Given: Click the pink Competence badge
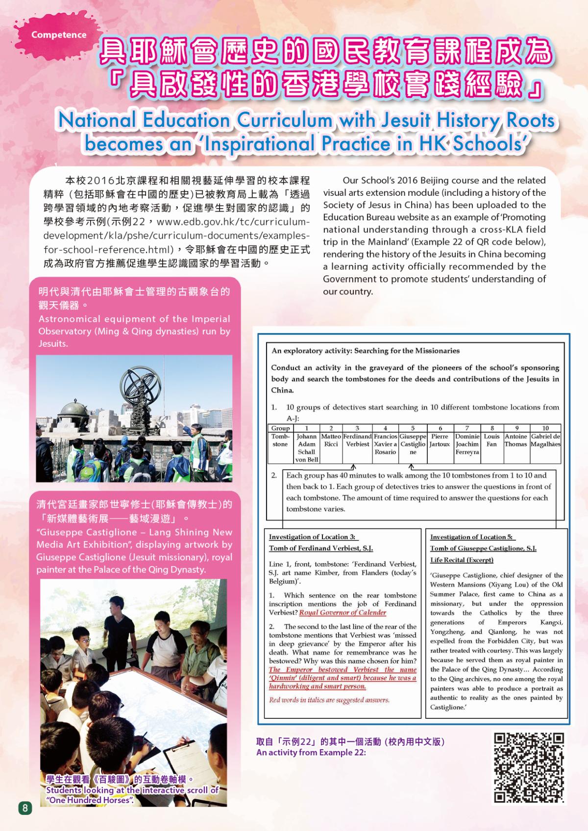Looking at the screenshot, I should pyautogui.click(x=58, y=35).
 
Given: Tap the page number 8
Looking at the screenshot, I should pyautogui.click(x=25, y=807).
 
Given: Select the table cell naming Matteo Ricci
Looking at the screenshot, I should pyautogui.click(x=331, y=440).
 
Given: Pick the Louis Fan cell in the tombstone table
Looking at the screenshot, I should pyautogui.click(x=491, y=440).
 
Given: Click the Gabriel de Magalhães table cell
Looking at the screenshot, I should pyautogui.click(x=545, y=440).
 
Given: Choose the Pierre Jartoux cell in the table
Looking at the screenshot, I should pyautogui.click(x=440, y=440).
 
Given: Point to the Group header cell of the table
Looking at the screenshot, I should pyautogui.click(x=280, y=428).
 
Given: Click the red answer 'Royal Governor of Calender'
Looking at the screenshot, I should pyautogui.click(x=343, y=613).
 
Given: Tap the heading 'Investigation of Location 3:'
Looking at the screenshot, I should pyautogui.click(x=312, y=537).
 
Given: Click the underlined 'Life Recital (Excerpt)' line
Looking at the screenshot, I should pyautogui.click(x=462, y=560).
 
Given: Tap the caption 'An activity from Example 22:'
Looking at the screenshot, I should pyautogui.click(x=311, y=752).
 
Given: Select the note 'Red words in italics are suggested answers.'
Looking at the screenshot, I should pyautogui.click(x=329, y=700).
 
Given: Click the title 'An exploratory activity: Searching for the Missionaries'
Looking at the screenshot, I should pyautogui.click(x=366, y=351).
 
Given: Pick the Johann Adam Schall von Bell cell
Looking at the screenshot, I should pyautogui.click(x=307, y=448).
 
